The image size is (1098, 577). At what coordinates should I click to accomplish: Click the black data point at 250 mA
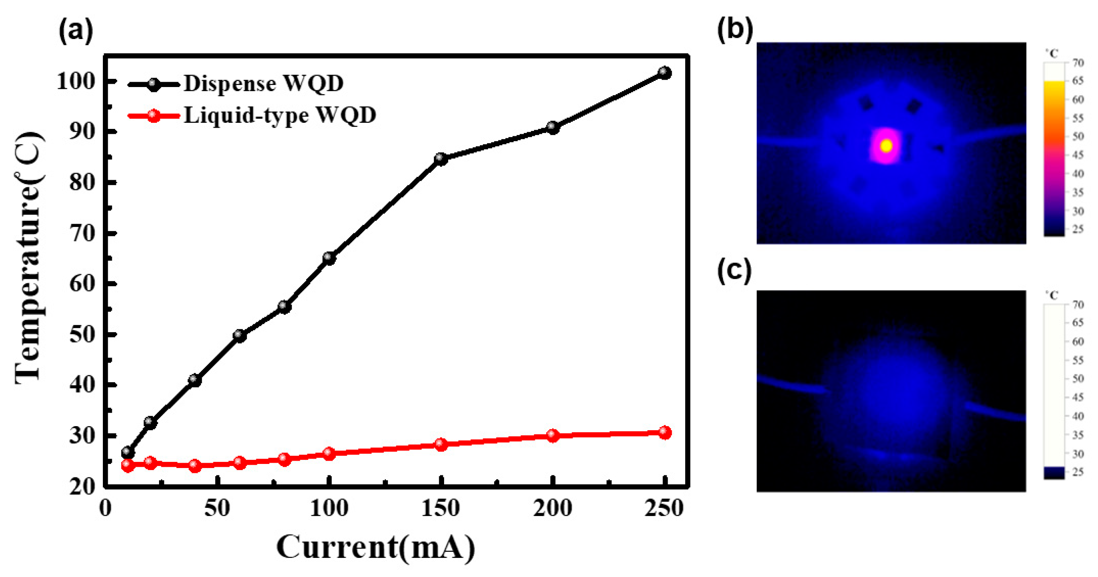point(664,73)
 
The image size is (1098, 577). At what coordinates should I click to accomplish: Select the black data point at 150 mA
point(441,159)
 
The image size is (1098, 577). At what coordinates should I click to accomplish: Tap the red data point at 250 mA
point(664,433)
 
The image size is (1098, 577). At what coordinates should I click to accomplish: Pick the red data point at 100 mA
point(329,453)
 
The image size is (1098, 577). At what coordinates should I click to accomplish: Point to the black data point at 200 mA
point(553,127)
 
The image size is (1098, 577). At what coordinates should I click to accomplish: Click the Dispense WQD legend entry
point(263,83)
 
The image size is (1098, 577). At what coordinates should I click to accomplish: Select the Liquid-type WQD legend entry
point(280,115)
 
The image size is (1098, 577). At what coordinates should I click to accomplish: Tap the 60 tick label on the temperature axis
point(81,283)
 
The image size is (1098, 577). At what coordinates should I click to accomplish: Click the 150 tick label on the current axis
point(441,508)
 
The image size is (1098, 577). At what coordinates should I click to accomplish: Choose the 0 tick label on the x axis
point(105,508)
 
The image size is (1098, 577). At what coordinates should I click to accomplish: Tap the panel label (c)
point(734,272)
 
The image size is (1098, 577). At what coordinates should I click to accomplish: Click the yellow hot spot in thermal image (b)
point(886,146)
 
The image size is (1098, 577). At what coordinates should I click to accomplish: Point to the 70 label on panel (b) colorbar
point(1078,63)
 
